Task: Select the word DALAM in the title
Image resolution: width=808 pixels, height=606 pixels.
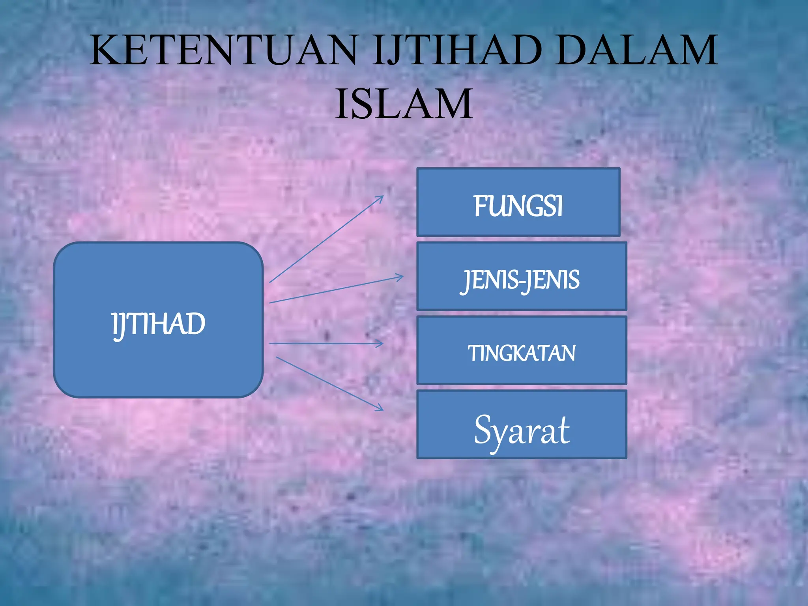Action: (637, 50)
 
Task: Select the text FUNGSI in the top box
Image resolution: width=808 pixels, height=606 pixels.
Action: (518, 206)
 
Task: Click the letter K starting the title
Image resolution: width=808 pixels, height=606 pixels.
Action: (104, 50)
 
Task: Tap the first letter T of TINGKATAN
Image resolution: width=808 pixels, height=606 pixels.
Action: (472, 353)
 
